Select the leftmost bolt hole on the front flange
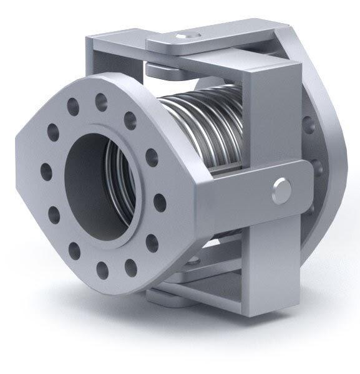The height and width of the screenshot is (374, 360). [x=43, y=170]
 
